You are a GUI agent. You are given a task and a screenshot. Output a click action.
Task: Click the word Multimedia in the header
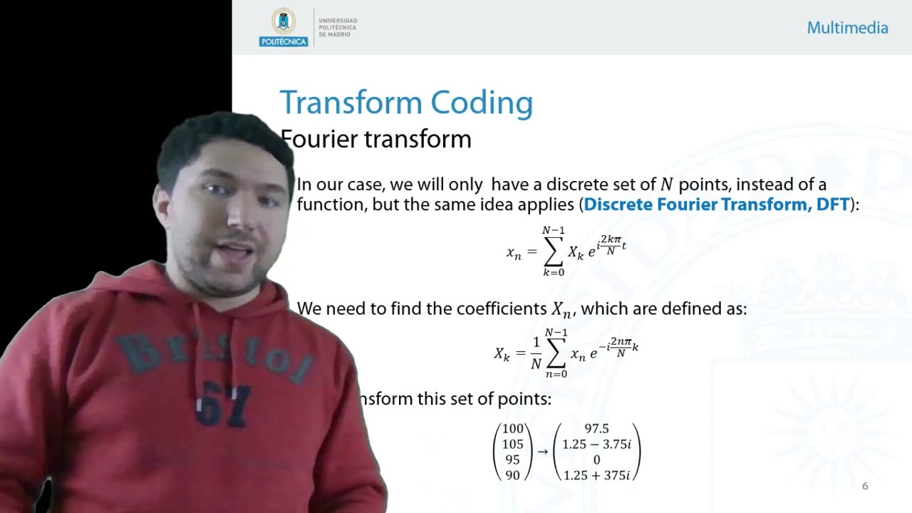pyautogui.click(x=847, y=28)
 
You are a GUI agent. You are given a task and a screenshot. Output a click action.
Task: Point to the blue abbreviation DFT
pyautogui.click(x=829, y=204)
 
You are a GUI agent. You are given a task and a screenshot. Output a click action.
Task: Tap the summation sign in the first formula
pyautogui.click(x=554, y=252)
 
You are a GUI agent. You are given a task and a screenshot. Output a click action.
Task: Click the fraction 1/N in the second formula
pyautogui.click(x=537, y=353)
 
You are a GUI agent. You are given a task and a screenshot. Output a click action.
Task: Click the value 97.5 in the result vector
pyautogui.click(x=596, y=428)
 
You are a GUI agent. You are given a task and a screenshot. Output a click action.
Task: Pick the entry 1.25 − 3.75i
pyautogui.click(x=596, y=444)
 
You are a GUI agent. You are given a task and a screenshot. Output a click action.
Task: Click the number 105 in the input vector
pyautogui.click(x=512, y=444)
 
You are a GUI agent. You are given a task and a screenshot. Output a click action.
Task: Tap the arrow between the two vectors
pyautogui.click(x=542, y=451)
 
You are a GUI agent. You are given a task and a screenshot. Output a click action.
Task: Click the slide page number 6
pyautogui.click(x=865, y=486)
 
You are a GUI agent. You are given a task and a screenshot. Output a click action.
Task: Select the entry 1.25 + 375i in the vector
pyautogui.click(x=596, y=475)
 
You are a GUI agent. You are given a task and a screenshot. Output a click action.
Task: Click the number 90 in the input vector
pyautogui.click(x=512, y=475)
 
